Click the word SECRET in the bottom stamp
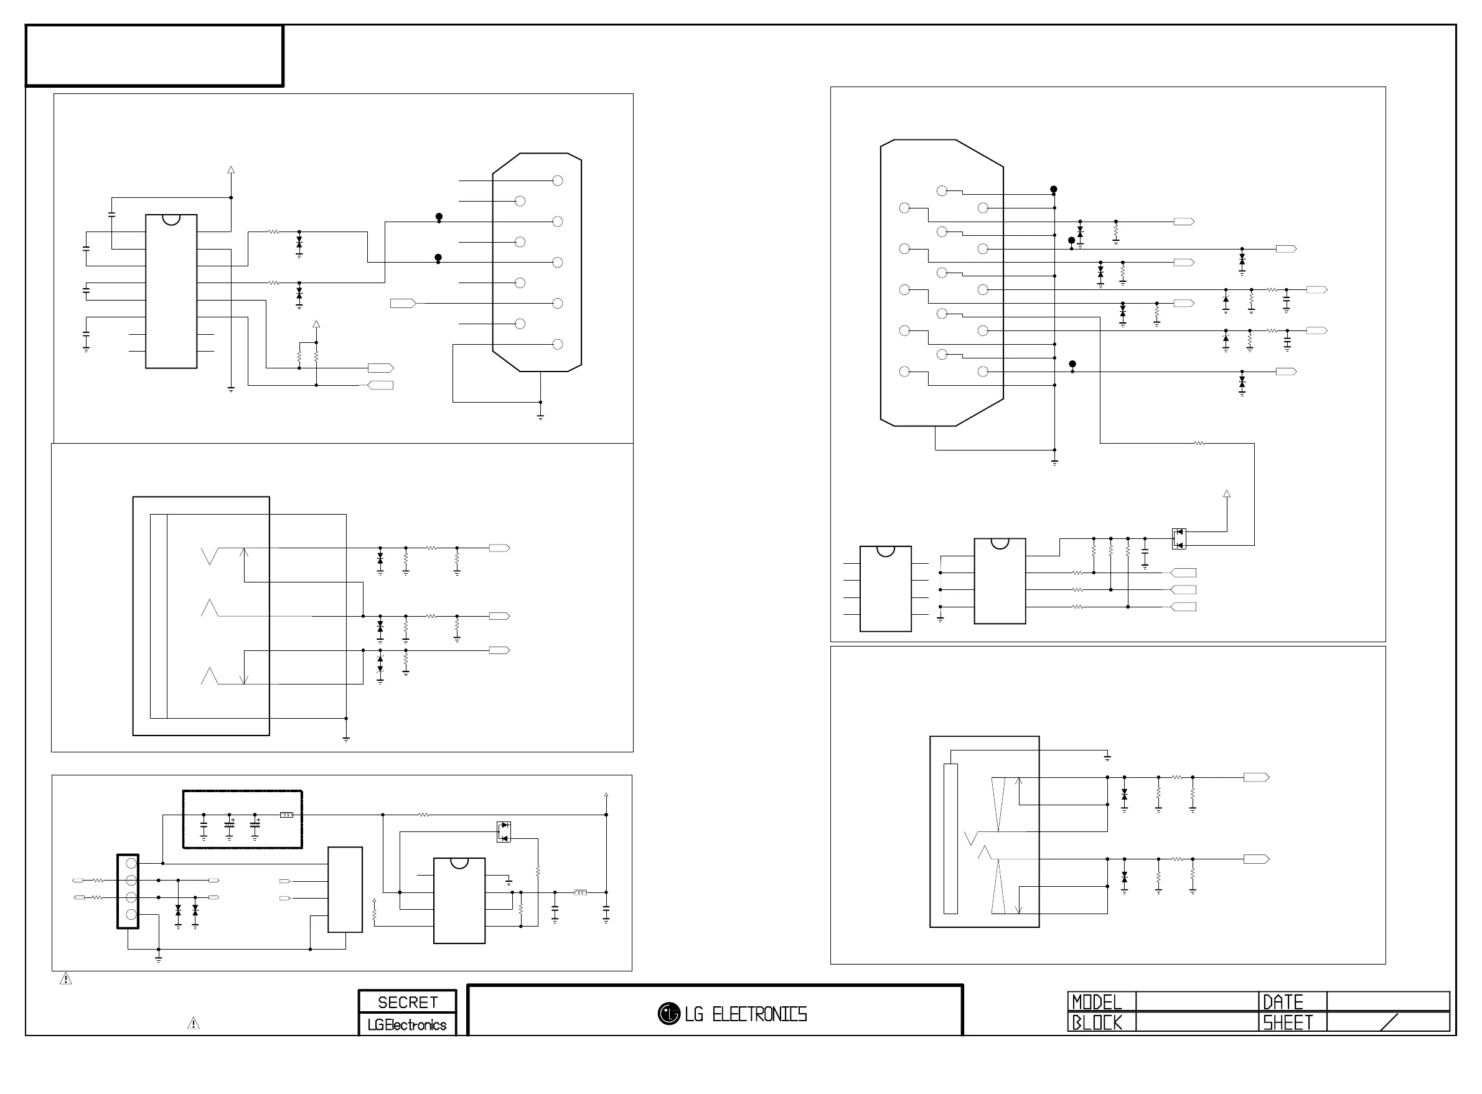point(407,1002)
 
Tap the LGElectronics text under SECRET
point(407,1024)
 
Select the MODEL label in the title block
point(1097,1002)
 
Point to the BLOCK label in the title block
point(1097,1022)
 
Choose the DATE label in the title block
point(1283,1002)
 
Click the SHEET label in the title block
point(1287,1022)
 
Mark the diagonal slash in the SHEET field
point(1389,1022)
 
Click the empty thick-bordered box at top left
point(154,55)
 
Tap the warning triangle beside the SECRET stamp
point(194,1024)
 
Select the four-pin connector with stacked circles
point(128,891)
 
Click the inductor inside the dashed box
point(287,815)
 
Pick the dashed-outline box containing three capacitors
point(242,819)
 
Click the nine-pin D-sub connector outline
point(537,262)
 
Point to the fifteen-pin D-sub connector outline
point(942,283)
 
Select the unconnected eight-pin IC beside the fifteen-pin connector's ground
point(885,589)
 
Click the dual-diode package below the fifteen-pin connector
point(1179,538)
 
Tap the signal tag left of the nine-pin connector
point(403,303)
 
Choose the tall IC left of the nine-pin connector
point(171,291)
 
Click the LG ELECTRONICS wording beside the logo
point(746,1014)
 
